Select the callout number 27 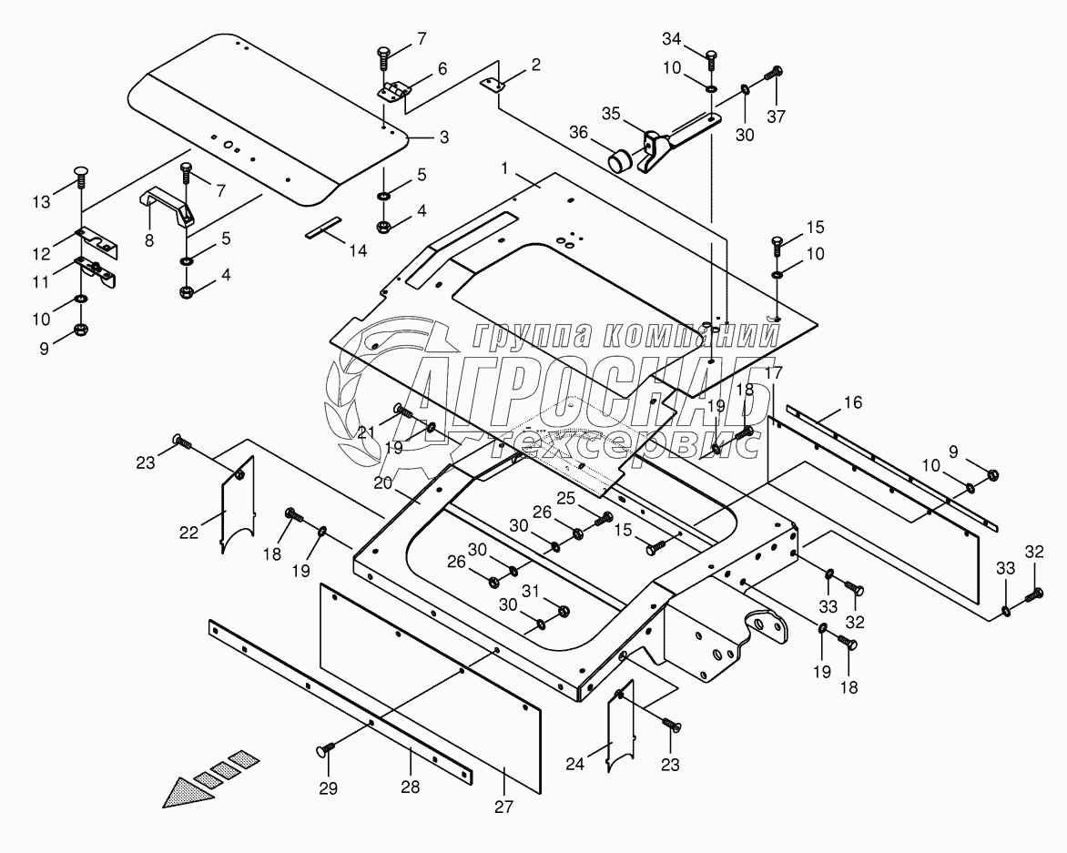(505, 807)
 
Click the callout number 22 (188, 533)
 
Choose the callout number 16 (852, 402)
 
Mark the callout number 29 (327, 787)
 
